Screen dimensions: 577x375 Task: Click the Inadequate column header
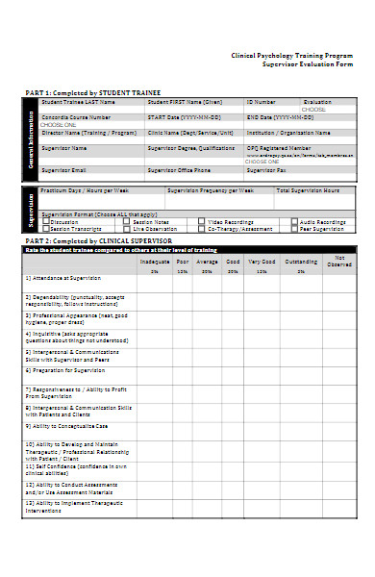[x=155, y=261]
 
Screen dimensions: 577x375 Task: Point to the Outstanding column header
[x=301, y=261]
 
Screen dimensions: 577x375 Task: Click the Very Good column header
[x=262, y=261]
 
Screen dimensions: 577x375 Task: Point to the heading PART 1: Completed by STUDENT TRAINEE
[x=92, y=92]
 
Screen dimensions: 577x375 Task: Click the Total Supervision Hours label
[x=308, y=190]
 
